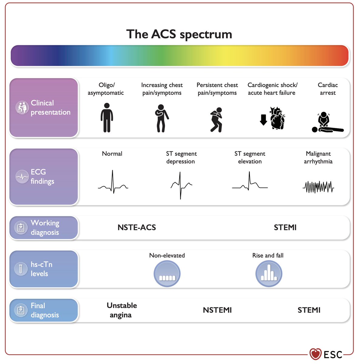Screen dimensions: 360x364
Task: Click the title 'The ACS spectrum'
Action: click(179, 34)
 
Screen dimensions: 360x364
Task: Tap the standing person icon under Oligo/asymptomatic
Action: click(106, 118)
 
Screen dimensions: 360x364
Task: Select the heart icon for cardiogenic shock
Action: click(277, 118)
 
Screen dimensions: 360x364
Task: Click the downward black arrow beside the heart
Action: click(263, 120)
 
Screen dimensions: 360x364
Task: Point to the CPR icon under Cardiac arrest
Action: click(327, 123)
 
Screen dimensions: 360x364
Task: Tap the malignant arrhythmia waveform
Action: click(318, 187)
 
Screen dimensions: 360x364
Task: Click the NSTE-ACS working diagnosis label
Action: click(137, 227)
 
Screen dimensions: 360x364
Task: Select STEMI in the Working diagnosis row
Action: click(285, 227)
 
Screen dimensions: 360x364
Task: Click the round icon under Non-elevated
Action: click(167, 274)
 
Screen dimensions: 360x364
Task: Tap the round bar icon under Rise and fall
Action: click(269, 274)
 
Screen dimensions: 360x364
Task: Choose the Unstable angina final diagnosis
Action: click(122, 310)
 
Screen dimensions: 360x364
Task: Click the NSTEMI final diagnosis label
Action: click(217, 310)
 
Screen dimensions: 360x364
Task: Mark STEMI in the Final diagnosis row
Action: click(309, 310)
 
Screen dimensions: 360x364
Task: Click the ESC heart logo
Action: click(315, 354)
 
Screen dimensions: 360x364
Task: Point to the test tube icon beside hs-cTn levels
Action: click(21, 269)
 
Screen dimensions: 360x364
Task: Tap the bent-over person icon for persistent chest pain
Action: click(217, 120)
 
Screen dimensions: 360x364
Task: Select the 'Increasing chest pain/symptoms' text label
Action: click(162, 89)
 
